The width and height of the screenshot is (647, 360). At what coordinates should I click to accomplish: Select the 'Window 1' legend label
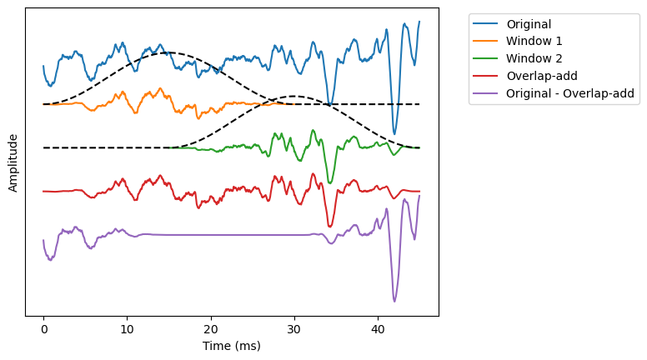coord(534,41)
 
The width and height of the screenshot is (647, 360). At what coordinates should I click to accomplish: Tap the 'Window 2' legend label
coord(534,58)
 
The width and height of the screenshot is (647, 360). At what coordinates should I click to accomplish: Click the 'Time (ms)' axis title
coord(231,346)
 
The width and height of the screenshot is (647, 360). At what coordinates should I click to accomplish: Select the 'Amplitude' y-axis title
coord(13,162)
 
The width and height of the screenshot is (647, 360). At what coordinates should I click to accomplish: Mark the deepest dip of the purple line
coord(394,301)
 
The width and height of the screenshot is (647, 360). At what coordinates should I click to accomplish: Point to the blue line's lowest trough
coord(394,133)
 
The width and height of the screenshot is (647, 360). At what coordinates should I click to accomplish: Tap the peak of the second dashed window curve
coord(294,96)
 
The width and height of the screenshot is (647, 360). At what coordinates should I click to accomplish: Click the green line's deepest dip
coord(330,182)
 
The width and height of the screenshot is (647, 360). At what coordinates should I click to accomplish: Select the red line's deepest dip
coord(330,226)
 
